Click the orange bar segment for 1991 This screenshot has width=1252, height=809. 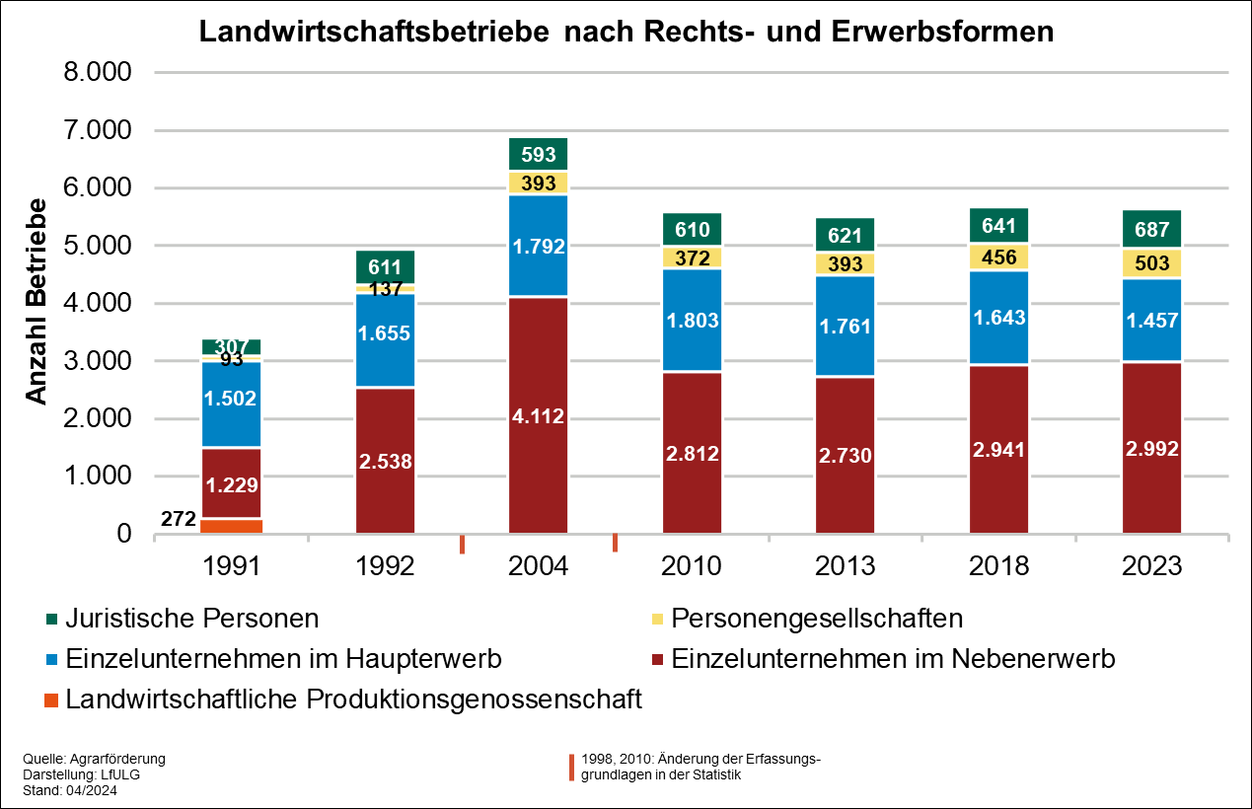tap(231, 526)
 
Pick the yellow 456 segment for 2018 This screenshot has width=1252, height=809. tap(998, 257)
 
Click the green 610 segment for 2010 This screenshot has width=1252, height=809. tap(692, 229)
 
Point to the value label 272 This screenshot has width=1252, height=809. tap(178, 519)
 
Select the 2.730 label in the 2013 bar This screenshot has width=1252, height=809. tap(845, 455)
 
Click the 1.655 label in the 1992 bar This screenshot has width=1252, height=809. tap(385, 332)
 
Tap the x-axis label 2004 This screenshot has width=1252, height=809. tap(538, 566)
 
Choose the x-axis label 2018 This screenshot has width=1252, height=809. tap(998, 566)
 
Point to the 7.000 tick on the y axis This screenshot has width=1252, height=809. tap(96, 130)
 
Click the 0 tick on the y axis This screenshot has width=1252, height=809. tap(123, 534)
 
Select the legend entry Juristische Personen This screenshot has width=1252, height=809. tap(191, 619)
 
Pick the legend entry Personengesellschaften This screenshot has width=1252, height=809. tap(816, 619)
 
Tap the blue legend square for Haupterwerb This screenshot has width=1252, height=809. tap(52, 659)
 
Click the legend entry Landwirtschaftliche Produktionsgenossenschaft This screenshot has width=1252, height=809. tap(353, 699)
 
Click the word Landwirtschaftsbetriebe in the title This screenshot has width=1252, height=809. tap(374, 32)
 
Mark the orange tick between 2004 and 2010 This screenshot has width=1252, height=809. tap(615, 542)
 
